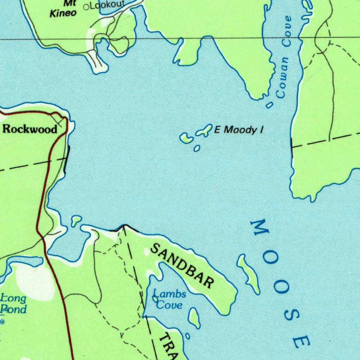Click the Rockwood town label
(30, 129)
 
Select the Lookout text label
(107, 5)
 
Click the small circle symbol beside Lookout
(86, 7)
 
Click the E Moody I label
(239, 130)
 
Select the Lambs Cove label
(169, 299)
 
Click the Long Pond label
(13, 304)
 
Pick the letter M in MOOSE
(260, 228)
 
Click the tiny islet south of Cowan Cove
(269, 105)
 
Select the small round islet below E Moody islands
(197, 148)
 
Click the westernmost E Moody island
(186, 138)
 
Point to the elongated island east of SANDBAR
(249, 274)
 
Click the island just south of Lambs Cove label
(194, 317)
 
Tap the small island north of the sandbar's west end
(76, 221)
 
